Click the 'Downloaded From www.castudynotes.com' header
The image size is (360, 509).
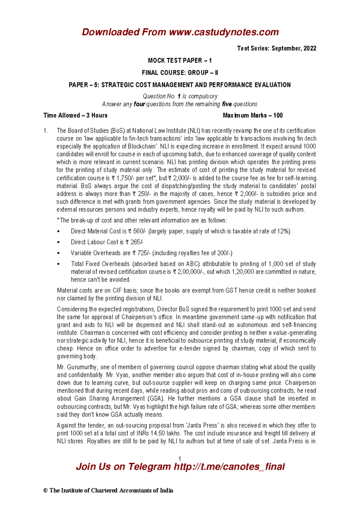point(180,32)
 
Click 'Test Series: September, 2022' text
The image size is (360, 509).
point(276,48)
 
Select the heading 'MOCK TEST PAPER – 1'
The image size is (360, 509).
point(180,61)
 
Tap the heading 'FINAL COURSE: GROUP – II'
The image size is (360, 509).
point(180,73)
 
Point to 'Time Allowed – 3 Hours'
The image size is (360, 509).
point(75,115)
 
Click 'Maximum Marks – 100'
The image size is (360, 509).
point(253,115)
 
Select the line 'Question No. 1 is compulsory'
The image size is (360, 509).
point(180,96)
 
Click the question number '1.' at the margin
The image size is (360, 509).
point(46,131)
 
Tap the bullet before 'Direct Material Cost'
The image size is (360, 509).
point(58,231)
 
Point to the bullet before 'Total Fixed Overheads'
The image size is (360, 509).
point(58,264)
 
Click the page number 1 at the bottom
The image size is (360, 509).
point(179,459)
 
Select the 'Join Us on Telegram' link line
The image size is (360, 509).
point(180,467)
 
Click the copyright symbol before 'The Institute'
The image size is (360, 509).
point(46,491)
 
